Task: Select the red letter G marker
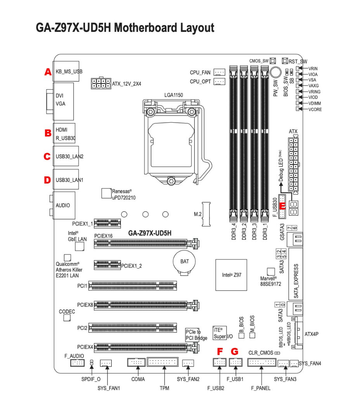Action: click(234, 351)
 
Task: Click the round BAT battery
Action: click(185, 262)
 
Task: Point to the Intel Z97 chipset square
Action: click(232, 275)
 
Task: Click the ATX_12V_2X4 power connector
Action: click(100, 83)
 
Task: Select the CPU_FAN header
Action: click(220, 72)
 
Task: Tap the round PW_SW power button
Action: click(276, 73)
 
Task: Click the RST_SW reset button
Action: click(284, 61)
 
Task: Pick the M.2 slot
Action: click(207, 214)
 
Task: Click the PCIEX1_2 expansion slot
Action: click(107, 265)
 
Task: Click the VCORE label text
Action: click(315, 109)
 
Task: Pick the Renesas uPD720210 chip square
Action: click(106, 193)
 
